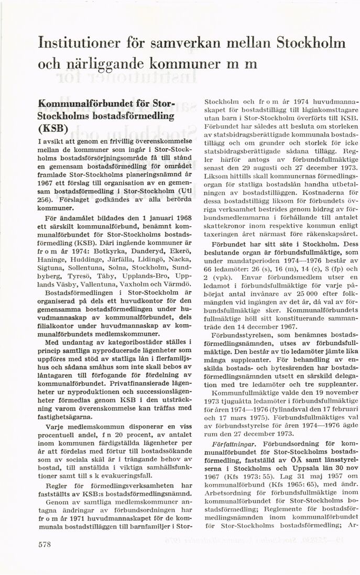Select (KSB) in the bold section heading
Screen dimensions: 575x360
(x=53, y=128)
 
